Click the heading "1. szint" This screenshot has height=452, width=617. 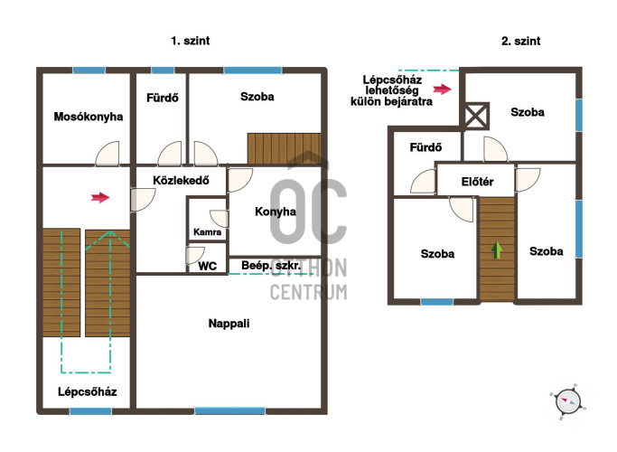tap(191, 41)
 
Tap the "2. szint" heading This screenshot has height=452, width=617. tap(520, 41)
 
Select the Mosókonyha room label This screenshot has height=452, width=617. tap(89, 117)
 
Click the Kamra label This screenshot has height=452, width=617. tap(207, 232)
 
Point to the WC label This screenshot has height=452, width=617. tap(208, 266)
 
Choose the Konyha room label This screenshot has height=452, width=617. tap(276, 212)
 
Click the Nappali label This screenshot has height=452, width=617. tap(229, 324)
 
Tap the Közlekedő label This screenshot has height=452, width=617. tap(181, 180)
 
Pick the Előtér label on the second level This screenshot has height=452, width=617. tap(477, 182)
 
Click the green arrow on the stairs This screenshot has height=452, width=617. tap(497, 250)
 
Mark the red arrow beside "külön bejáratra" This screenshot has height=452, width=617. tap(443, 89)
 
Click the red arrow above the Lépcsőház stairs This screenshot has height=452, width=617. tap(100, 197)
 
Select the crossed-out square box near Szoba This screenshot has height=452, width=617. tap(475, 116)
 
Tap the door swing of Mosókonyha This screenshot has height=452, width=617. tap(108, 153)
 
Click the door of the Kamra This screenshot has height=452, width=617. tap(220, 219)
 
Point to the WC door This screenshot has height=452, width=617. tap(195, 255)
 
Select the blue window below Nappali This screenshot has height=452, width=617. tap(229, 410)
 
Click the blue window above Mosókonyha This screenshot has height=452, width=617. tap(89, 71)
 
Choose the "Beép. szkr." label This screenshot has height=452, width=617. tap(271, 266)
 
